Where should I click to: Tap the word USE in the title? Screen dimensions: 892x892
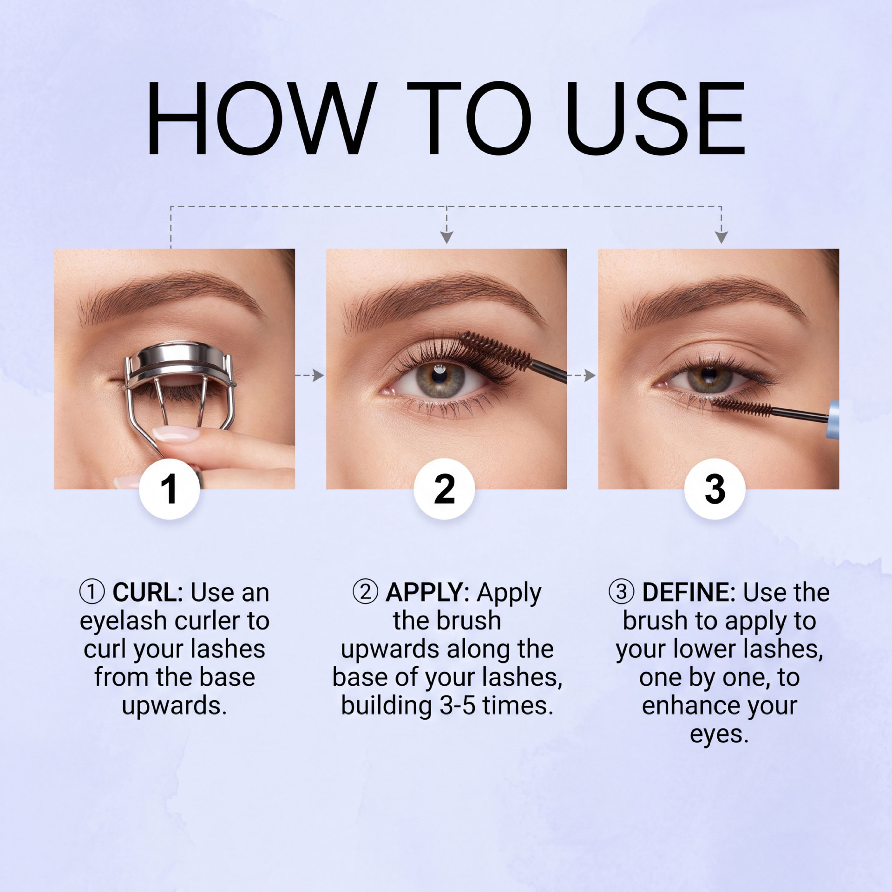(x=655, y=118)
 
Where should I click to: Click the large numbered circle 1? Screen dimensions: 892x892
(x=170, y=488)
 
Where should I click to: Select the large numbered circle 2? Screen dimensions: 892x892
(x=445, y=488)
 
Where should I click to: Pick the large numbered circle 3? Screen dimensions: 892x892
(x=715, y=488)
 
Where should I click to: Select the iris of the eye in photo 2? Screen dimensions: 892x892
(x=439, y=379)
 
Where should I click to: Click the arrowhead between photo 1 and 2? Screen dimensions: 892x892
(x=318, y=375)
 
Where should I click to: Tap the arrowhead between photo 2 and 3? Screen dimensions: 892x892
(x=590, y=375)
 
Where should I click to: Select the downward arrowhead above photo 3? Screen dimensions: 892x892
(x=721, y=237)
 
